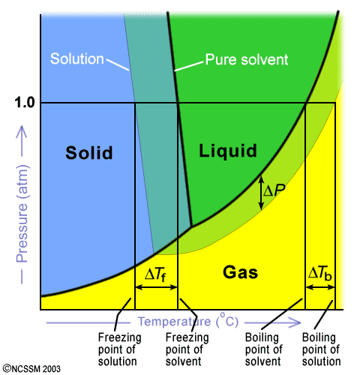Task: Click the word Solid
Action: [x=89, y=152]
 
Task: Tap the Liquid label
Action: [x=228, y=151]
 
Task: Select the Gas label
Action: [x=240, y=272]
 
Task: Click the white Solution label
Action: [x=77, y=59]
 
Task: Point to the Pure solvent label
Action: [x=247, y=60]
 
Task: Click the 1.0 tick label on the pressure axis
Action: [x=25, y=103]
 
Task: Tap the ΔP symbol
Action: [x=274, y=190]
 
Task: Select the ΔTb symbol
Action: [x=319, y=273]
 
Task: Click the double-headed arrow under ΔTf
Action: [x=156, y=287]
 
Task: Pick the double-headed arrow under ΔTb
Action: [x=320, y=287]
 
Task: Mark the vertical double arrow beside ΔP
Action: [x=261, y=193]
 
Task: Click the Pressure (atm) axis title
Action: [x=22, y=214]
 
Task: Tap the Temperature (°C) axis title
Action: [x=188, y=321]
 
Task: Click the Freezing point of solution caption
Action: [x=119, y=349]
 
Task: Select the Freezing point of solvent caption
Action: [x=187, y=349]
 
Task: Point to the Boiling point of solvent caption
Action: [x=263, y=349]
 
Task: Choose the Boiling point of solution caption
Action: [x=321, y=349]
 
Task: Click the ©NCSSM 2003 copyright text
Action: [x=31, y=369]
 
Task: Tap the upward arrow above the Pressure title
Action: [x=22, y=141]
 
